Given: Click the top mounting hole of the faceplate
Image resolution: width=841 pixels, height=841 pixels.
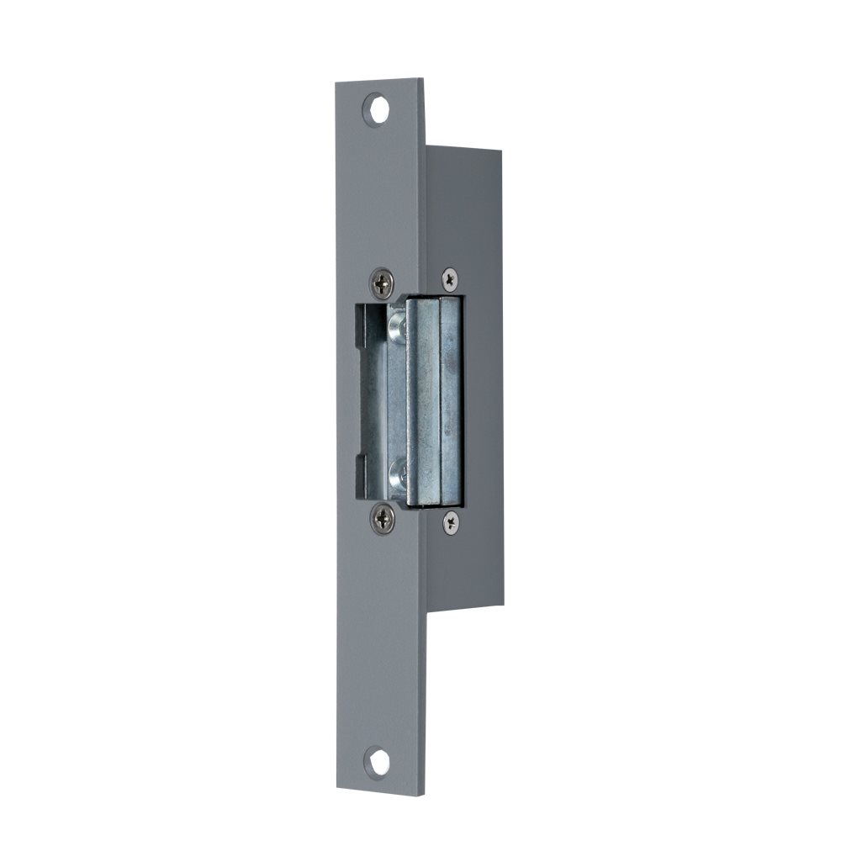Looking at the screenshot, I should tap(377, 110).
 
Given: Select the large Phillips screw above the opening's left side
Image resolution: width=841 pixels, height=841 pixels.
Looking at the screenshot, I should tap(383, 283).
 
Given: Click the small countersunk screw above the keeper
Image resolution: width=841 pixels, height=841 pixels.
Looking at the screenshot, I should tap(450, 278).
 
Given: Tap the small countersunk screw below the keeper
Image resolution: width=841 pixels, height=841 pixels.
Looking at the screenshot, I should tap(452, 521).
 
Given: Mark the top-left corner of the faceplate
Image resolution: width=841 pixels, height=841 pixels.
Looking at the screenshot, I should tap(336, 82).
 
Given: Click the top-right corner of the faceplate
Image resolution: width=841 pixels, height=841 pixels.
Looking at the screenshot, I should tap(423, 79).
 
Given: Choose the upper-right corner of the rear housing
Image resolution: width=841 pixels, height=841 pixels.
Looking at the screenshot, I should tap(501, 152).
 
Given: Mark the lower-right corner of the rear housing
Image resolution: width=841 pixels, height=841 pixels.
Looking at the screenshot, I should tap(504, 605).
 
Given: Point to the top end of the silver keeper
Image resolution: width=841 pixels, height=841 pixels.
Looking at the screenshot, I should tap(434, 300).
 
